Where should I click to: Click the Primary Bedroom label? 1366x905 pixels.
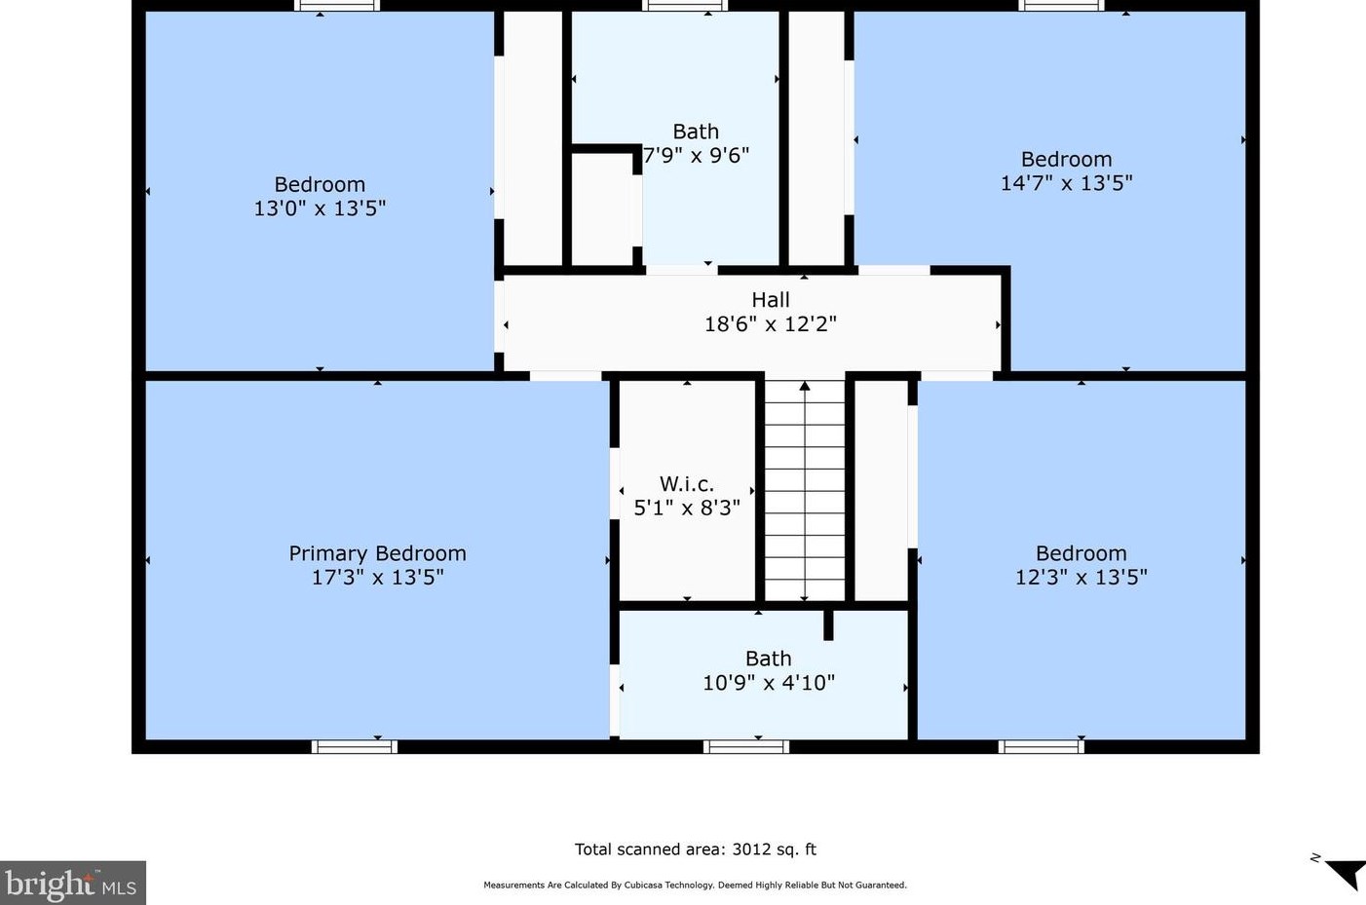tap(377, 553)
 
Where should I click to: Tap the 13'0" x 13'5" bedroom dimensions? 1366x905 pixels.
tap(320, 208)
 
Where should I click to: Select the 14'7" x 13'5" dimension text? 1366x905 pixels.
tap(1066, 183)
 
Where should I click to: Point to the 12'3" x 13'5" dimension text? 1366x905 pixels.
tap(1081, 577)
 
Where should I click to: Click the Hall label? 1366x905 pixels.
tap(771, 299)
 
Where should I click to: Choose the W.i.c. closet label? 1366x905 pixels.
tap(687, 484)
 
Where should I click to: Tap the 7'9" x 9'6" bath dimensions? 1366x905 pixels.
tap(696, 156)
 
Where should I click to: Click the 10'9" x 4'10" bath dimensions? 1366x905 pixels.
tap(769, 683)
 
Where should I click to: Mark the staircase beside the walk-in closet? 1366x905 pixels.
tap(805, 491)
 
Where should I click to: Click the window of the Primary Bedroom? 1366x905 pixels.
tap(355, 746)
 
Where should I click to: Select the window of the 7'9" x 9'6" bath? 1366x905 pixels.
tap(685, 6)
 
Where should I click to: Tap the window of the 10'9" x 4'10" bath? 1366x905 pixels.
tap(746, 746)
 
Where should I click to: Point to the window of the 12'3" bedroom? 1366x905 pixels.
tap(1041, 746)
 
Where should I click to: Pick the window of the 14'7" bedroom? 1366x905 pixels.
tap(1061, 6)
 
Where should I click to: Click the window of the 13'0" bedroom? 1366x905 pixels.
tap(337, 6)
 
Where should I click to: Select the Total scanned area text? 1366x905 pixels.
tap(696, 849)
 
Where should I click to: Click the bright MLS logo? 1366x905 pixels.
tap(72, 883)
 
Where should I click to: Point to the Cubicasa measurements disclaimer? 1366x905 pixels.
tap(696, 885)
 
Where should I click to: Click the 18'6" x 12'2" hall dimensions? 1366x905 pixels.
tap(771, 323)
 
